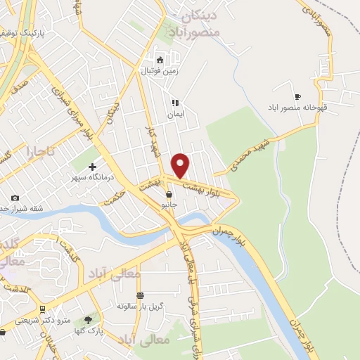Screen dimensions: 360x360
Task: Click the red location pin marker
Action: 181,165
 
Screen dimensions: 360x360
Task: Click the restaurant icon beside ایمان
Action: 174,103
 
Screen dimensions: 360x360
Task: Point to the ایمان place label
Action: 174,114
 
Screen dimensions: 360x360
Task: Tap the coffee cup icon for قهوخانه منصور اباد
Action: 297,97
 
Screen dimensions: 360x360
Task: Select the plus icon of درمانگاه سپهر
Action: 92,167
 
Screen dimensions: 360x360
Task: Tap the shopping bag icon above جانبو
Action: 169,194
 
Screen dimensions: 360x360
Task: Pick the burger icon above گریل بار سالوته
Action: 140,295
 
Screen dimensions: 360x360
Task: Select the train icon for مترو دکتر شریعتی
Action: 43,309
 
